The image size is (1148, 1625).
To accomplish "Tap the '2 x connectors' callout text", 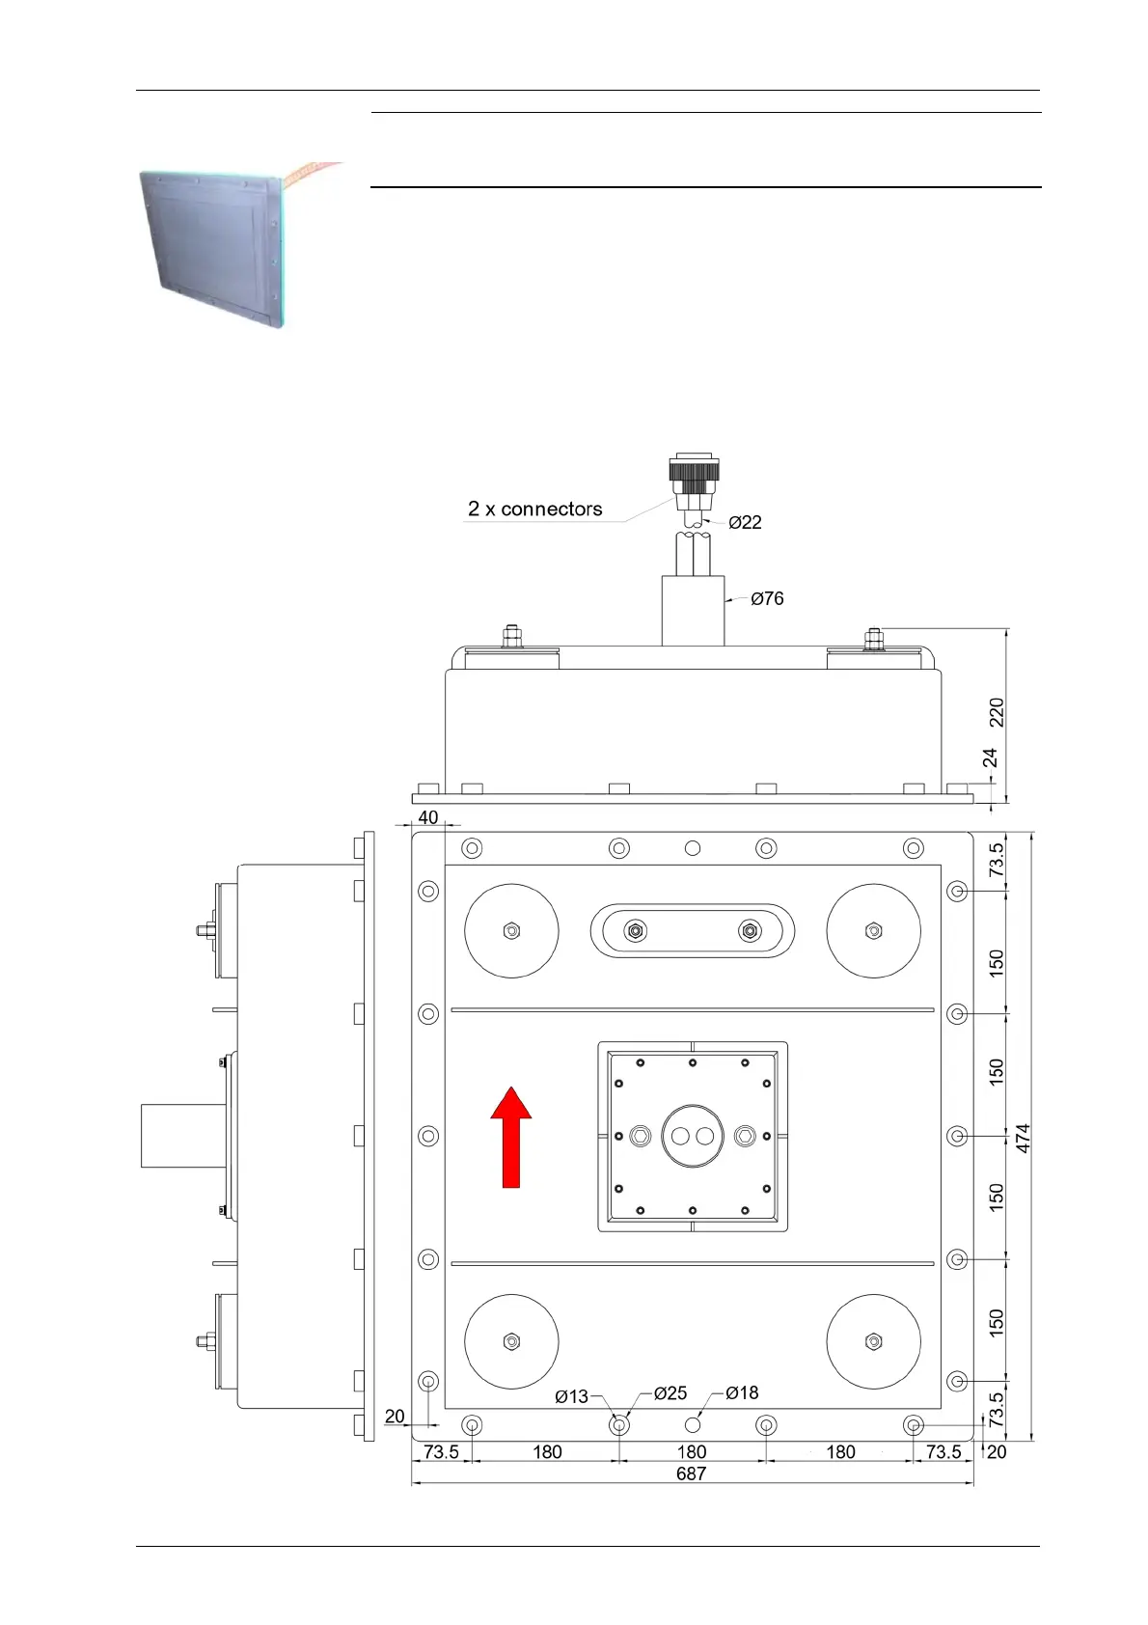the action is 534,509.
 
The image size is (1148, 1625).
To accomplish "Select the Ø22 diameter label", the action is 745,522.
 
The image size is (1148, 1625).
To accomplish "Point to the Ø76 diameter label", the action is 767,598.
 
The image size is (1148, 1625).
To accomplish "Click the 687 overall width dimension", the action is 691,1474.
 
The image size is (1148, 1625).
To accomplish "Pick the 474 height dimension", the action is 1023,1138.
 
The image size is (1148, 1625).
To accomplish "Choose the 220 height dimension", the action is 997,712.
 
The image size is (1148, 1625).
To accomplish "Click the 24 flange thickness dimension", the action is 991,758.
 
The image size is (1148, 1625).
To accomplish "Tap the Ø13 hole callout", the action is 571,1396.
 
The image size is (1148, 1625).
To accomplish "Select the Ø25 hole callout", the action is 670,1392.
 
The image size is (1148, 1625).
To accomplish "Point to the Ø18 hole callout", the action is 742,1392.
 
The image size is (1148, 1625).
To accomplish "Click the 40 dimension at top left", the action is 427,817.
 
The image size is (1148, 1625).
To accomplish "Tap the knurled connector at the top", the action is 691,475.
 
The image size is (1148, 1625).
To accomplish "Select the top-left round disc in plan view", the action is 511,931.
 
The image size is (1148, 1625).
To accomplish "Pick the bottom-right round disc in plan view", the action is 873,1341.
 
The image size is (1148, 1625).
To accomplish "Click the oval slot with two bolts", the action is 692,931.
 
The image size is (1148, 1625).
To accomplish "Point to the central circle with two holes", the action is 692,1136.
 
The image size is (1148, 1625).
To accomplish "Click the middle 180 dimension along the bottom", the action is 691,1451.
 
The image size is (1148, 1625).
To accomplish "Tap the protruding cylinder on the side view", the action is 183,1136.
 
